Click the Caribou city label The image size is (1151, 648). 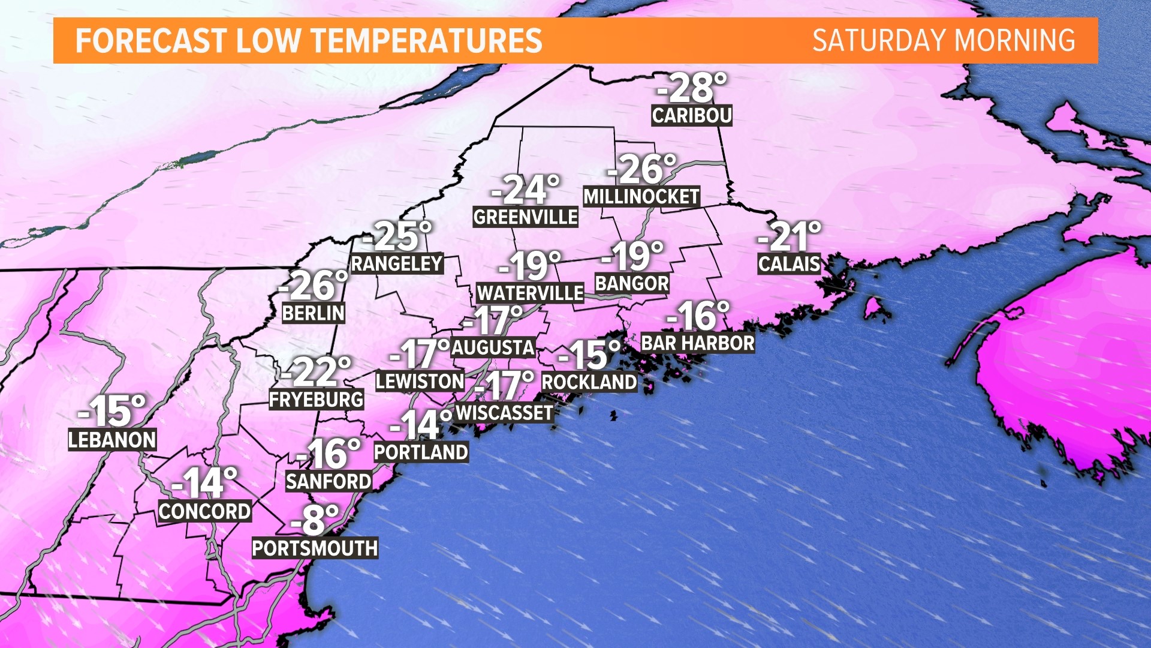[692, 115]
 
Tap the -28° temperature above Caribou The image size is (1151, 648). [692, 88]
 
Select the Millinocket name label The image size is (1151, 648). [641, 196]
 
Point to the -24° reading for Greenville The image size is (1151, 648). [526, 190]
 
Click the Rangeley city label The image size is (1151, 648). [397, 263]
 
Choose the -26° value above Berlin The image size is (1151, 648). [314, 286]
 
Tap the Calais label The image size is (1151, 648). [788, 263]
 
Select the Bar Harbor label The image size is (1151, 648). [698, 343]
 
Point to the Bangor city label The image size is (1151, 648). [632, 283]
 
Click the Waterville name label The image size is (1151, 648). [530, 293]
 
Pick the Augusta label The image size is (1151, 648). [493, 347]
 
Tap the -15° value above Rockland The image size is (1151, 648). [589, 355]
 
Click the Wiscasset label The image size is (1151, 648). [504, 413]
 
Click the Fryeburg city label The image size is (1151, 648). [316, 399]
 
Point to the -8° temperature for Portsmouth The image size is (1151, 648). [315, 520]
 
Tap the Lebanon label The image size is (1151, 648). [112, 440]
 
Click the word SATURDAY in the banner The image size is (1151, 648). [879, 41]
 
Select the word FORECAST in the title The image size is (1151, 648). [150, 41]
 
